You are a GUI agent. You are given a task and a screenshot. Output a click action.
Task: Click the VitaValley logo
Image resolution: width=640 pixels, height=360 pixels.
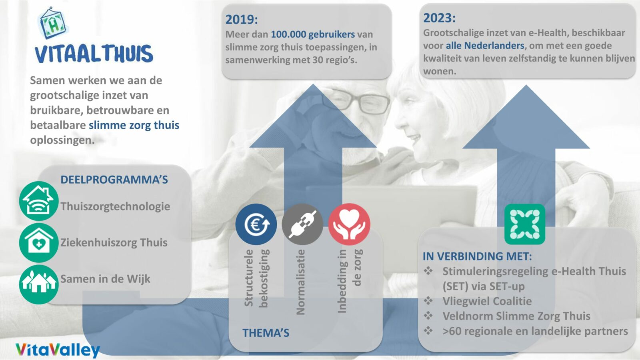coord(58,350)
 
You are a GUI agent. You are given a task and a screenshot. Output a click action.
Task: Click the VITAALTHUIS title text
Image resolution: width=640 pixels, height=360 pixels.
coord(94,54)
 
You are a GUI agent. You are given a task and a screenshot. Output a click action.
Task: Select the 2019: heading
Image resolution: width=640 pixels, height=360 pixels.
coord(242,20)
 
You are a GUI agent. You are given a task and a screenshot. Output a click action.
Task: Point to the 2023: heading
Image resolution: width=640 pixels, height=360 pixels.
coord(440,18)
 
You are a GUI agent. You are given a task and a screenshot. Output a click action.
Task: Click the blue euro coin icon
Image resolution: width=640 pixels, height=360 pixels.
coord(256,224)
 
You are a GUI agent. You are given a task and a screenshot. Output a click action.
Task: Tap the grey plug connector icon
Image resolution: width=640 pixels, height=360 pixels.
coord(302,224)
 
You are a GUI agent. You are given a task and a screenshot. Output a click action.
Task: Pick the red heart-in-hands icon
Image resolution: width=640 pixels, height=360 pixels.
coord(349,224)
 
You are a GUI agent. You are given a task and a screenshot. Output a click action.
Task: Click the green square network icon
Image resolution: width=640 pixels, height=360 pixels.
coord(525,224)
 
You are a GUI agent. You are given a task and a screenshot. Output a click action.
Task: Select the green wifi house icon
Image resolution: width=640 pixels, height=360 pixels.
coord(39,201)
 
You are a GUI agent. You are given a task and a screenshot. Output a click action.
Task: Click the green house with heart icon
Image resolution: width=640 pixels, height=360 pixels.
coord(39,243)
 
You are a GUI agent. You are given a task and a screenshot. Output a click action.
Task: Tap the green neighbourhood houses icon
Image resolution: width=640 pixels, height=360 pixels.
coord(39,284)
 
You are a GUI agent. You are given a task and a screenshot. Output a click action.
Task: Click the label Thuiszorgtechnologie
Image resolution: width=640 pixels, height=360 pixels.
coord(115,206)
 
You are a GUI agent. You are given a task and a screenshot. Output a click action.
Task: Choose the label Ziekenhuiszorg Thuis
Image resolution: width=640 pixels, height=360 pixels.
coord(114,242)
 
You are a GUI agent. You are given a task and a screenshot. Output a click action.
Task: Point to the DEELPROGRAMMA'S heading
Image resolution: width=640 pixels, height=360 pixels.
coord(114,180)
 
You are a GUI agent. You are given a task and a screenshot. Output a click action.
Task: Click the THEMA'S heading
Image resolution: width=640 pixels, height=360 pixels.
coord(266,333)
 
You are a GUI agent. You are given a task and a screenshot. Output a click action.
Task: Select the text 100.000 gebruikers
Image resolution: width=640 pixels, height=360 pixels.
coord(313,34)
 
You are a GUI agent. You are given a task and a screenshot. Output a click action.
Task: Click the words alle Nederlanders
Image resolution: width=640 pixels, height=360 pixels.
coord(485,46)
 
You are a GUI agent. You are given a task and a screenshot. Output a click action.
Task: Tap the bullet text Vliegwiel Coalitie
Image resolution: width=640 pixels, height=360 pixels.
coord(487,301)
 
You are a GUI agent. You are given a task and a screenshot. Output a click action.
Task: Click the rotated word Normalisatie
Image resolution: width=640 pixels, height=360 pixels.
coord(301,282)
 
